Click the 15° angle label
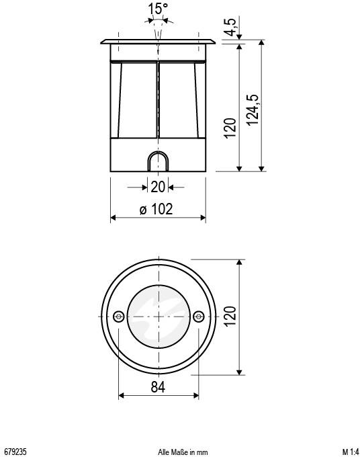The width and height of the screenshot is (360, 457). pos(158,9)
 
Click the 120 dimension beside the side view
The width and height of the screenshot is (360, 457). pos(230,127)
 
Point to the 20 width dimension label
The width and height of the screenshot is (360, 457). pos(157,187)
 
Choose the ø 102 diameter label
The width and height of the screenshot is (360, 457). pos(156,209)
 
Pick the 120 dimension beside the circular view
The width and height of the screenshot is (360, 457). pos(230,317)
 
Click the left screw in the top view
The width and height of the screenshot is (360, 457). pos(119,316)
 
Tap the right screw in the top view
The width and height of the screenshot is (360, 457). pos(197,316)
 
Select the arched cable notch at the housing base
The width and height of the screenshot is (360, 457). pos(158,162)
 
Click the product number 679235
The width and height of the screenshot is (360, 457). pos(15,450)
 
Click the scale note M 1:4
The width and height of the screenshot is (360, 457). pos(351,450)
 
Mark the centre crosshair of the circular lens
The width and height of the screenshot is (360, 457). pos(159,316)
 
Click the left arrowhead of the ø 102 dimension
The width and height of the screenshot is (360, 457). pos(114,218)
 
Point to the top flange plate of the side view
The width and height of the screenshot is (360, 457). pos(158,43)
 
